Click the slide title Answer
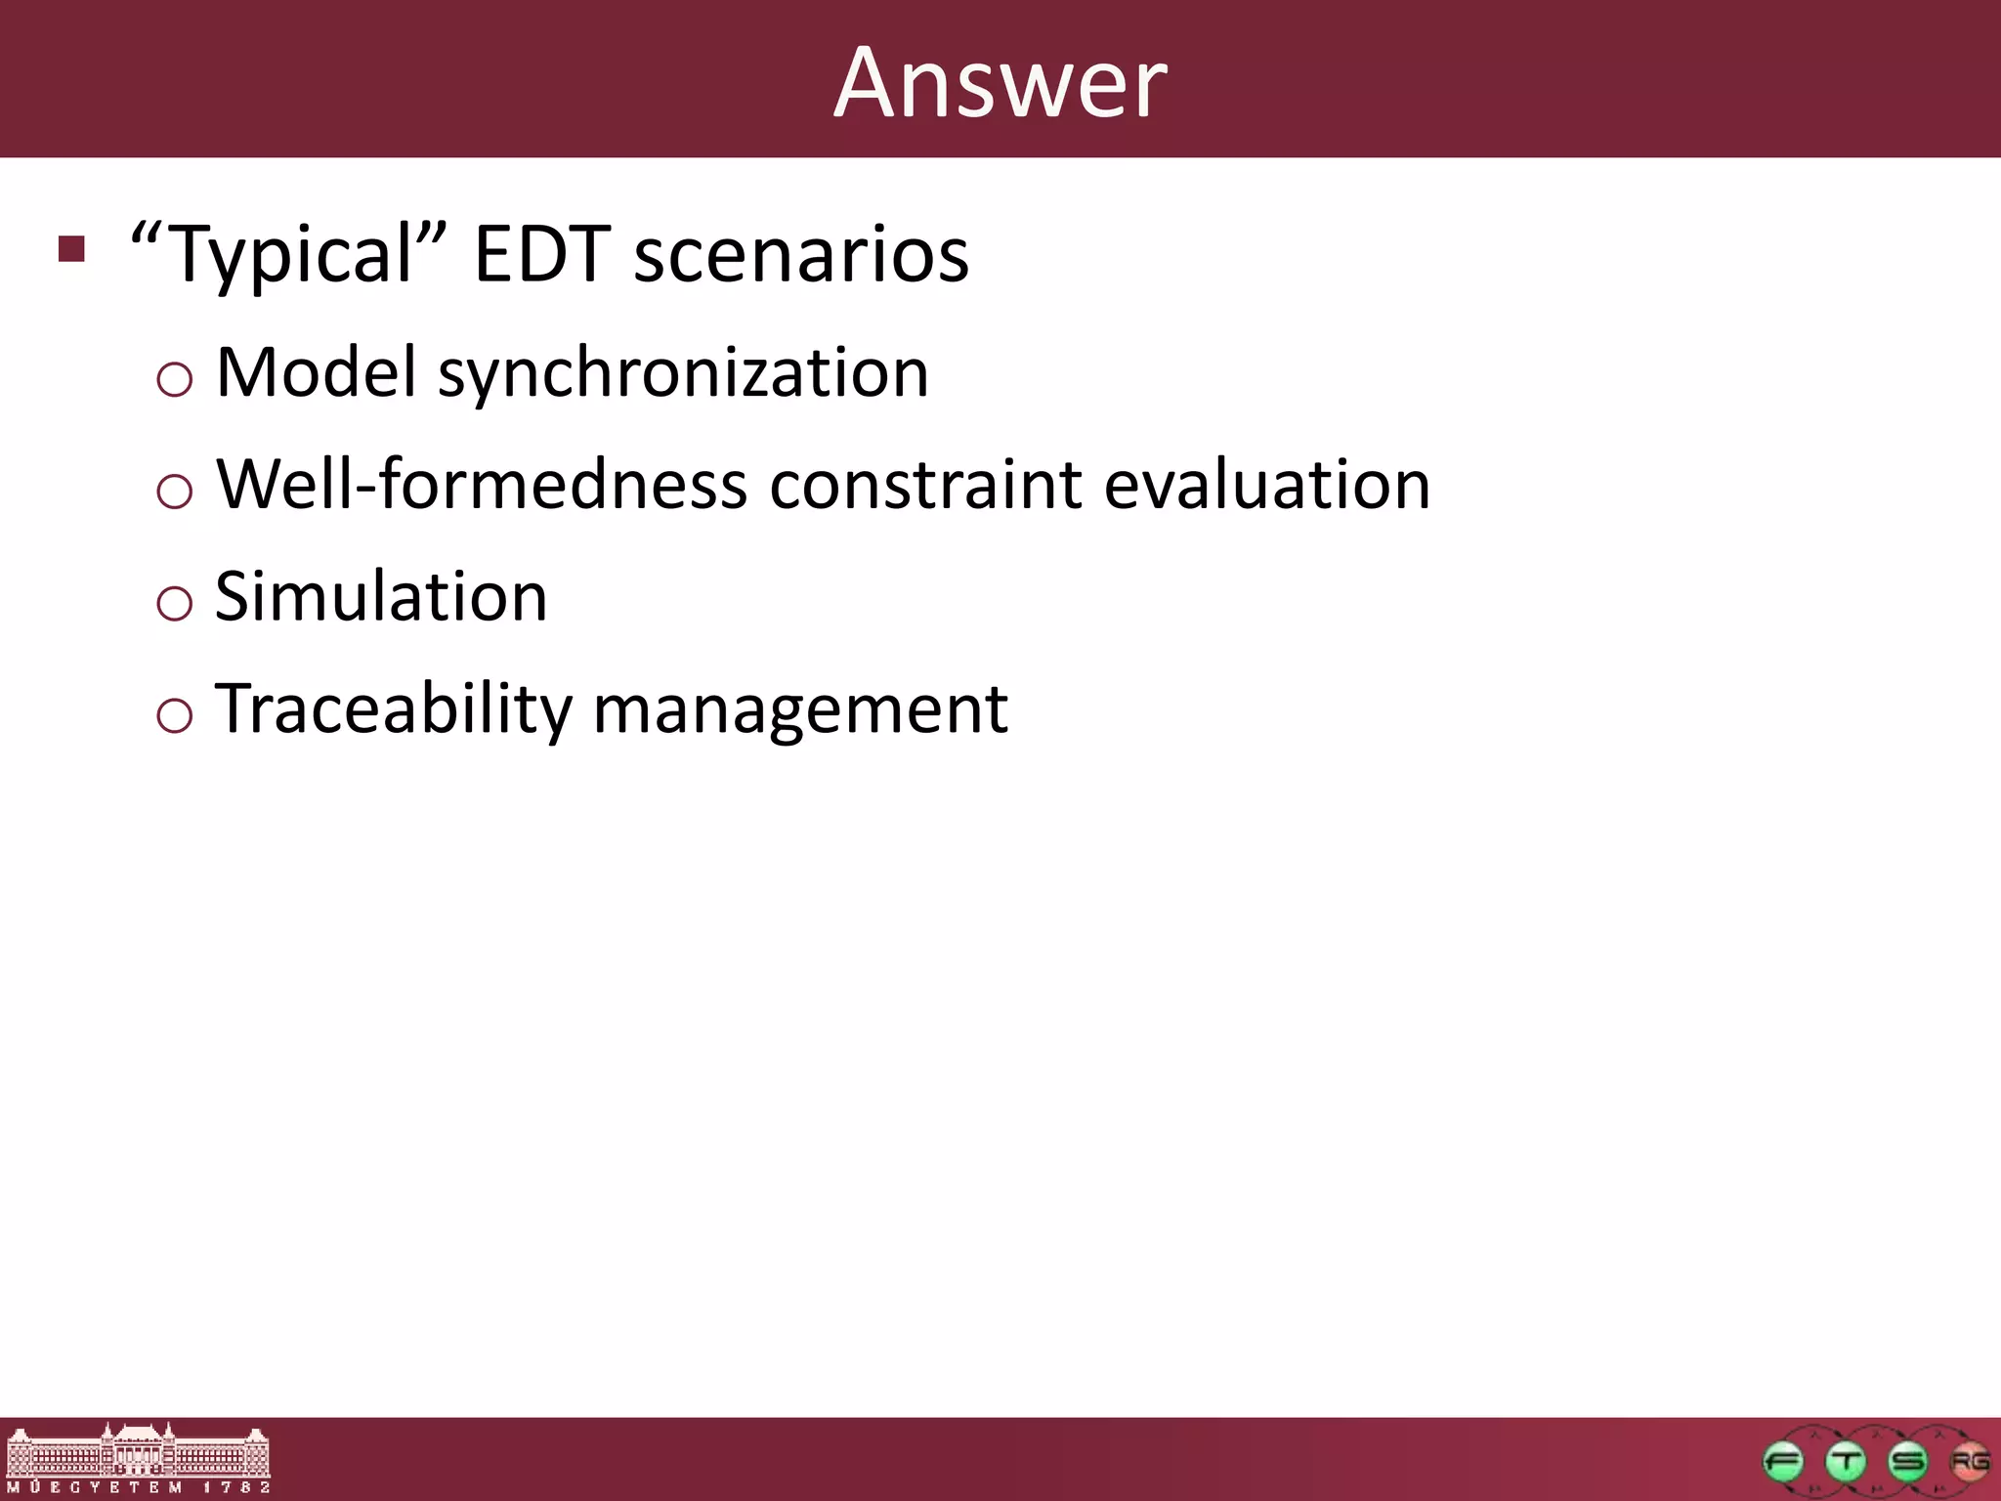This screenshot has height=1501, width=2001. [1000, 84]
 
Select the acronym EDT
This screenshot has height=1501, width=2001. [541, 254]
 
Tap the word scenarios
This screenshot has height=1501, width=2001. [801, 254]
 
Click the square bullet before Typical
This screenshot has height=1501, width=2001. [71, 249]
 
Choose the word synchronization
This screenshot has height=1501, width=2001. [683, 374]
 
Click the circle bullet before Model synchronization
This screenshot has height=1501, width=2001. [174, 379]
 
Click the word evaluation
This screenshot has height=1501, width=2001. [1266, 486]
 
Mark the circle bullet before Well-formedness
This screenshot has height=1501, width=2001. [174, 491]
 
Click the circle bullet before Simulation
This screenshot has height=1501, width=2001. [174, 603]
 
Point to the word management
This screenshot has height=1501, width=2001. [800, 710]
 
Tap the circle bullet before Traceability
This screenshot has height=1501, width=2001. [174, 715]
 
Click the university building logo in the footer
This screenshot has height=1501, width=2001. [137, 1458]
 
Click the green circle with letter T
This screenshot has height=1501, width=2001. [1846, 1462]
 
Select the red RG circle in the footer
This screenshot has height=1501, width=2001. [1969, 1462]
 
